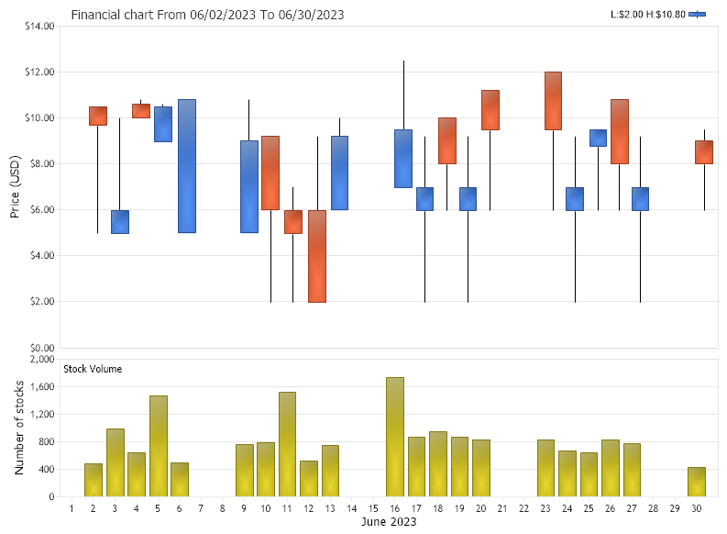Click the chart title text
coord(208,16)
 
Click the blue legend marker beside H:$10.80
coord(698,15)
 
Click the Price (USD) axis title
coord(16,187)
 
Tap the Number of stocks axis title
coord(19,428)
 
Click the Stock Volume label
coord(93,369)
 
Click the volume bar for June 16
coord(395,437)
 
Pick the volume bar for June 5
coord(159,446)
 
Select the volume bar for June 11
coord(287,444)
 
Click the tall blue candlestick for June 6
coord(187,165)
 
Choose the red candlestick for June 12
coord(316,255)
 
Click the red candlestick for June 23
coord(553,101)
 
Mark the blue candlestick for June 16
coord(403,159)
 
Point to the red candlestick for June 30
coord(703,151)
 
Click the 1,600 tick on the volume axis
coord(41,387)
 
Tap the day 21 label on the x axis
coord(501,508)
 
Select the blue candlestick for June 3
coord(120,222)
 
